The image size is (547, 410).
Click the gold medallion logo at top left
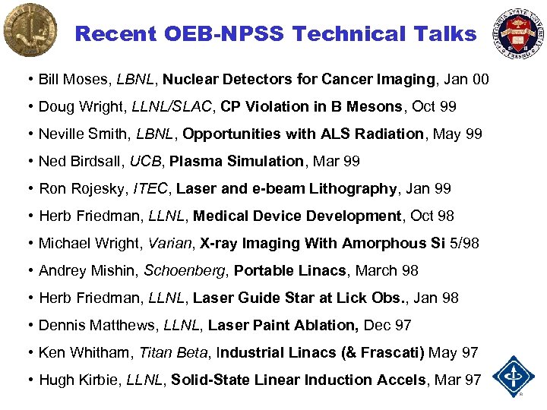[30, 30]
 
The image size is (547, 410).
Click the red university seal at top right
[520, 32]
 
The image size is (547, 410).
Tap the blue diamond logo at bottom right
[514, 376]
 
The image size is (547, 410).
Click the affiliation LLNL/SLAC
[172, 106]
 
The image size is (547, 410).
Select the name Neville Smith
[83, 134]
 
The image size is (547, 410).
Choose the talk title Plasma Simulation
[236, 161]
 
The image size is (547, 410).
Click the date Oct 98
[432, 216]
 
